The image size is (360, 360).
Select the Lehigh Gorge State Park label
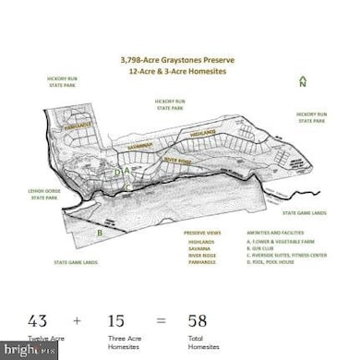pyautogui.click(x=44, y=194)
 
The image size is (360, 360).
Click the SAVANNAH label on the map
pyautogui.click(x=141, y=145)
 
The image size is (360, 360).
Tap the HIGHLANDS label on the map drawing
pyautogui.click(x=202, y=132)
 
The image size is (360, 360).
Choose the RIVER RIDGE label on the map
pyautogui.click(x=176, y=159)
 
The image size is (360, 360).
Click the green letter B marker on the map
pyautogui.click(x=100, y=233)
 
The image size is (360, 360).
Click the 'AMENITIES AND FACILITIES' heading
pyautogui.click(x=273, y=233)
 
